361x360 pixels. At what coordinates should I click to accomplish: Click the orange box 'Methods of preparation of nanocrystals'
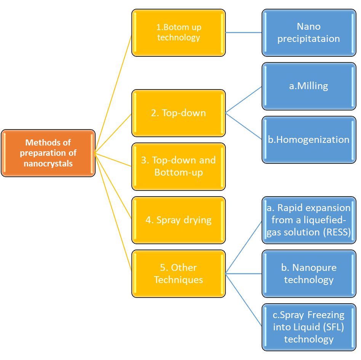48,153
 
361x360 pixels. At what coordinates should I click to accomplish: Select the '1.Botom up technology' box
179,33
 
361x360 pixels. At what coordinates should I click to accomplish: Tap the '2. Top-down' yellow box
179,113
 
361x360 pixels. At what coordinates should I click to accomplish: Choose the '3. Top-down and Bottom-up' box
179,166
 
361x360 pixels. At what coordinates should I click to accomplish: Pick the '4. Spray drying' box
179,220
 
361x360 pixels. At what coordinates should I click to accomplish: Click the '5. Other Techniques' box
179,274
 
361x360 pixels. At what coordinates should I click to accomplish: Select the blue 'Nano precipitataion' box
308,33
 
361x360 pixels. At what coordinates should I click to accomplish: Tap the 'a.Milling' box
308,86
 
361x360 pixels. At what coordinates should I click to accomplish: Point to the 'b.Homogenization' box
308,140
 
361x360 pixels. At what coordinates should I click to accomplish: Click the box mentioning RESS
308,220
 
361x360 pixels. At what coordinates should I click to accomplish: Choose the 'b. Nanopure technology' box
308,274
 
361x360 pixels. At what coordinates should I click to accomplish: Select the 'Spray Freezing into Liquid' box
308,327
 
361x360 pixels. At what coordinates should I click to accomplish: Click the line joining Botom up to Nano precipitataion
244,33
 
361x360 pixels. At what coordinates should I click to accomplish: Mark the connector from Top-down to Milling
244,100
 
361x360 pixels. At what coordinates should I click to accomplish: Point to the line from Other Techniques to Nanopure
244,274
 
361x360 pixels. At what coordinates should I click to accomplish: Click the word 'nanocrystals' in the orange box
48,164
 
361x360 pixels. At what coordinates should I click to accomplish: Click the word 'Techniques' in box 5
179,280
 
